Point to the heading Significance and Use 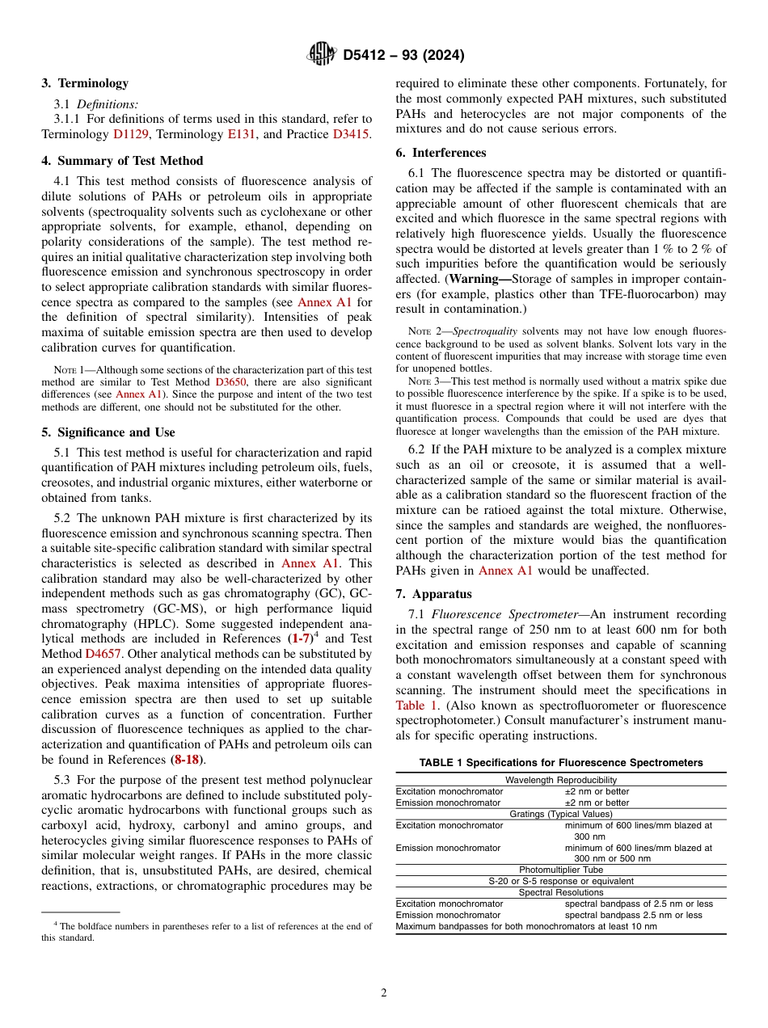[108, 432]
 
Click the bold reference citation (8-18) [188, 760]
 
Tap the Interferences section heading [441, 153]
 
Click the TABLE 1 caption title [560, 762]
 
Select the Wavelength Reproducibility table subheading [560, 780]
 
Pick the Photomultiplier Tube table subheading [560, 870]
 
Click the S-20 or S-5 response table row [560, 881]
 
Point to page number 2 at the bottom [384, 993]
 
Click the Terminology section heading [85, 83]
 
